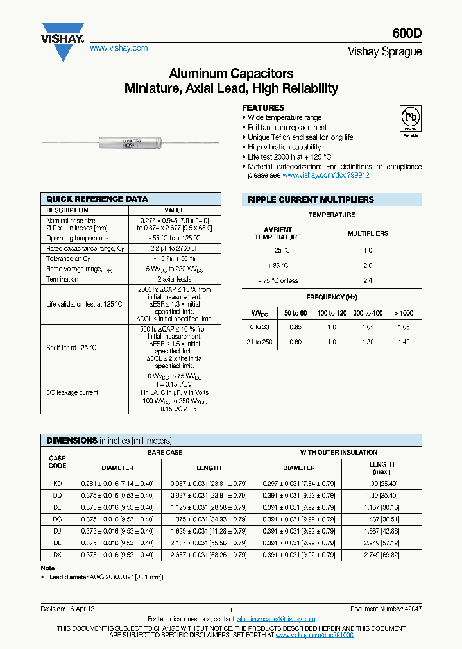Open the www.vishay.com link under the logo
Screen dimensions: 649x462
(x=119, y=48)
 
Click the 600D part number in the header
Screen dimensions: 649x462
(x=407, y=37)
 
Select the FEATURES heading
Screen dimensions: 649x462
(x=263, y=108)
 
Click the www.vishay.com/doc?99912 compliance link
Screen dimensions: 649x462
(x=326, y=175)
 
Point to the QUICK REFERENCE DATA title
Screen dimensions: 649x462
(x=97, y=199)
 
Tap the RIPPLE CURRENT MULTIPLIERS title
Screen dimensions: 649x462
(x=311, y=200)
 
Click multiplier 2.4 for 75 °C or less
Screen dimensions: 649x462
(x=368, y=281)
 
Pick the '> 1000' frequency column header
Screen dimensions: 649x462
(x=403, y=313)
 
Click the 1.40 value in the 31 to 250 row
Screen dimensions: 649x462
(x=403, y=342)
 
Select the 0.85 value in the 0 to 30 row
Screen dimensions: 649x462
(x=296, y=327)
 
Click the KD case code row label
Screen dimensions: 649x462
(x=57, y=482)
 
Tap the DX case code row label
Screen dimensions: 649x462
(x=57, y=555)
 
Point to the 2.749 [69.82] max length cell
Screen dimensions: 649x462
(x=382, y=555)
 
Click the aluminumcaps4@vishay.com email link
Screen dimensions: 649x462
(x=276, y=619)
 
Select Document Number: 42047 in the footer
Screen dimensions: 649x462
(x=386, y=609)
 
